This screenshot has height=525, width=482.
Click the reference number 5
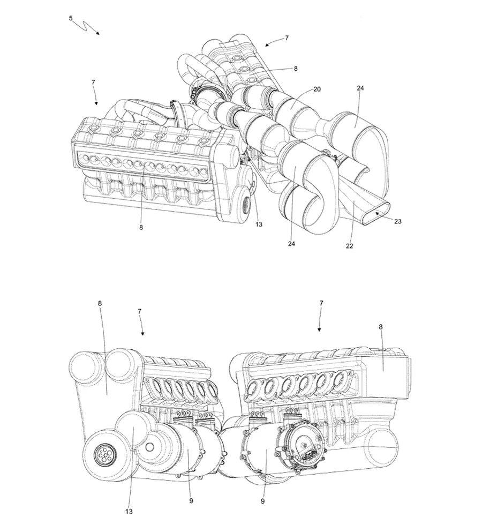71,18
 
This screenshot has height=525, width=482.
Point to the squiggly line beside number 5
85,26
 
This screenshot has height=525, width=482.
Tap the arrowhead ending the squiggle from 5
97,33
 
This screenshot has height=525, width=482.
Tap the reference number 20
317,89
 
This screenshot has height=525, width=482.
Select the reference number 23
397,221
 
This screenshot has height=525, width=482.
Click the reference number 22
349,246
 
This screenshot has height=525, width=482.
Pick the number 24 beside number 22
291,244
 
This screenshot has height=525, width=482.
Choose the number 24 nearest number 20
360,88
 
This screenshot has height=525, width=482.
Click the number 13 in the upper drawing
259,224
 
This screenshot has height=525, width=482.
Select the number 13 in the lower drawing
129,512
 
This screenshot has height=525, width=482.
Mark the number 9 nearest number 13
191,501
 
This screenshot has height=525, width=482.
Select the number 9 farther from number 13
262,501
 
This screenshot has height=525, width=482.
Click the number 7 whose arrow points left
287,38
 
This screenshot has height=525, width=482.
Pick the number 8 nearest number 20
296,69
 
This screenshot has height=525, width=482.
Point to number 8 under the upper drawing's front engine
141,227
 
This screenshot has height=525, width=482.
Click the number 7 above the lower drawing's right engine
321,303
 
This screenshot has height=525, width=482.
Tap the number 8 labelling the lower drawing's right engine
381,327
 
